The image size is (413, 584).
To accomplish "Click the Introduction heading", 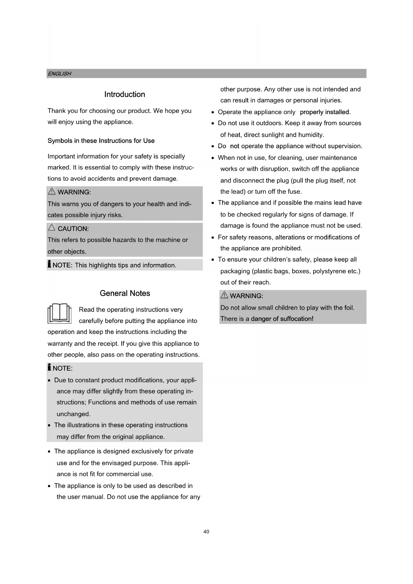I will (x=124, y=95).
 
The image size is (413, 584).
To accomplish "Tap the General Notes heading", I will (x=125, y=293).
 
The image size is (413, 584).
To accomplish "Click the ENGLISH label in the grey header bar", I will (x=59, y=74).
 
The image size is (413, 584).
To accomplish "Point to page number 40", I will (x=206, y=532).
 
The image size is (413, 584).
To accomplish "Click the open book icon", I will (x=60, y=313).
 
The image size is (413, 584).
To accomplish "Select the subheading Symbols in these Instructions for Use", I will (x=101, y=141).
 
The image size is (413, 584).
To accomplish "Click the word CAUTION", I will (x=73, y=229).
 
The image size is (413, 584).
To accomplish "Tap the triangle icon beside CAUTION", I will (x=52, y=228).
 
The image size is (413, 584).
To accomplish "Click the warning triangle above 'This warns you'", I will (x=52, y=191).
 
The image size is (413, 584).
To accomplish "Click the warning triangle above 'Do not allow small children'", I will (x=224, y=295).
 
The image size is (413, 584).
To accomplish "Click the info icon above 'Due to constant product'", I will (x=50, y=367).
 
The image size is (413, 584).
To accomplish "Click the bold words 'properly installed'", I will (x=325, y=112).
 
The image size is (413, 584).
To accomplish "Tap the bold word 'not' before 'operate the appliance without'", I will (x=235, y=146).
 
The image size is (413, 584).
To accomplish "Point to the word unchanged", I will (x=73, y=414).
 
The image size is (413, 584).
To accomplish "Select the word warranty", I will (x=60, y=344).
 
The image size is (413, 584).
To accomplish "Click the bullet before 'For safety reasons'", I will (x=213, y=237).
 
